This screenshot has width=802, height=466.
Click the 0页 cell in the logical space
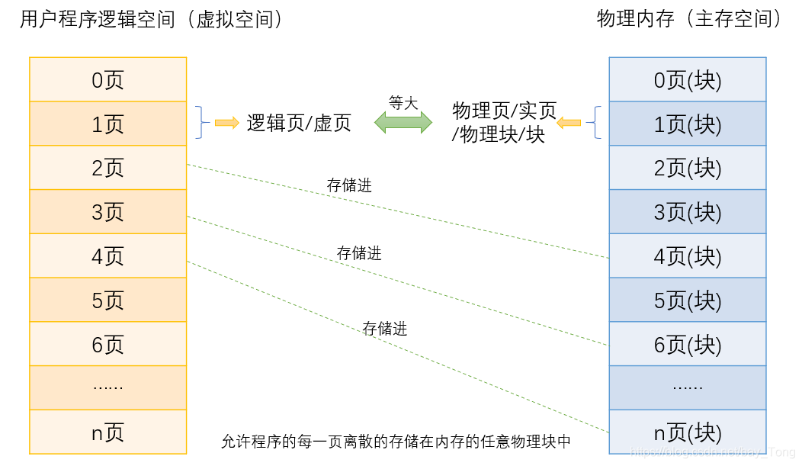click(107, 80)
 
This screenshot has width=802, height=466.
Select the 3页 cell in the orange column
click(107, 212)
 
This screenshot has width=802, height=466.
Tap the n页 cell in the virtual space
click(107, 432)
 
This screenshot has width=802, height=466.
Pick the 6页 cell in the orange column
click(107, 345)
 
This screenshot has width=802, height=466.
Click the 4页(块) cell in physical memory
click(687, 256)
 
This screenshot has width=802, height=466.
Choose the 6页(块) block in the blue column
click(687, 345)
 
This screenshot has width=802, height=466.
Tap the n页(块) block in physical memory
click(687, 432)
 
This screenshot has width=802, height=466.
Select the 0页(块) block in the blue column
click(687, 80)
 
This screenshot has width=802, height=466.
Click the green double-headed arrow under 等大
click(403, 122)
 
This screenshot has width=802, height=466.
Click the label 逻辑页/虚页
click(299, 123)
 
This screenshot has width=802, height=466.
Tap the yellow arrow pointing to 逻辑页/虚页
click(226, 123)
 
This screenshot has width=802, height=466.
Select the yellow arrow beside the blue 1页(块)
click(569, 122)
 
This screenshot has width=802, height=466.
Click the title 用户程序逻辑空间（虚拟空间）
click(152, 20)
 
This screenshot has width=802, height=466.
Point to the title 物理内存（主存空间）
click(690, 20)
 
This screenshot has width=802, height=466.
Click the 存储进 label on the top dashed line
click(349, 185)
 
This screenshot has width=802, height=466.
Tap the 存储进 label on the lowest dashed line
click(385, 329)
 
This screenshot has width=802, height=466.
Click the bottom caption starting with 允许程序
click(396, 442)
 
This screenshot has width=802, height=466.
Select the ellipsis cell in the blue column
click(687, 387)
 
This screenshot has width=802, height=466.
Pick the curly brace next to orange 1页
click(201, 123)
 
